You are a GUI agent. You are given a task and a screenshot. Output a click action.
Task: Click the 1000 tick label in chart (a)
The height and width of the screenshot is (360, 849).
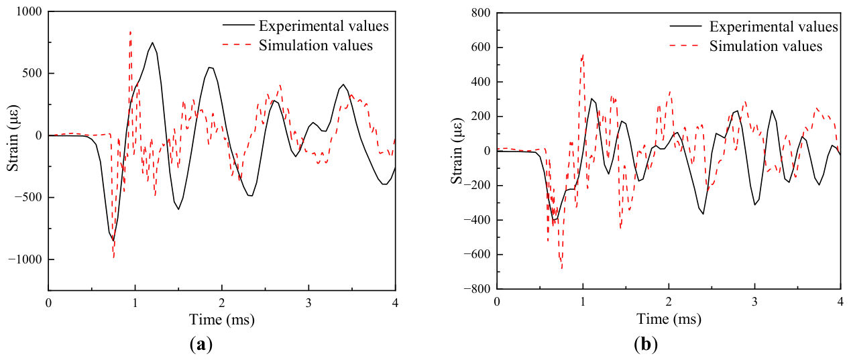(30, 12)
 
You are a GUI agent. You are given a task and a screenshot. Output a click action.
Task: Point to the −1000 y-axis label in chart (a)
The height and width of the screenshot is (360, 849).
(25, 259)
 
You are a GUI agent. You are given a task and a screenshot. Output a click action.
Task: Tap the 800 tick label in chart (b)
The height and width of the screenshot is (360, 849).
(481, 13)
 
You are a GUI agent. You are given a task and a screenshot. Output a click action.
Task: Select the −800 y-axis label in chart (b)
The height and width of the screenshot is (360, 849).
(477, 289)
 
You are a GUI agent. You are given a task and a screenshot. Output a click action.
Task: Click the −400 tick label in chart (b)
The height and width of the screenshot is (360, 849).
(477, 220)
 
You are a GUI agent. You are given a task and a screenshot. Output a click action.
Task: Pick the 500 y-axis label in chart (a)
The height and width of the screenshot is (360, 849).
(32, 74)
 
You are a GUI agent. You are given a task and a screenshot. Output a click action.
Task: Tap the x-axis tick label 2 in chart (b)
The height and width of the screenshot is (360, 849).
(669, 302)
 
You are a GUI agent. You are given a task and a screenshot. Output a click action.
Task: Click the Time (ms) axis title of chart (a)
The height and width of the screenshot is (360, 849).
(222, 320)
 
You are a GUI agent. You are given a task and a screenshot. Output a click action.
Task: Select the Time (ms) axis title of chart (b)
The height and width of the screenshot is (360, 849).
(669, 318)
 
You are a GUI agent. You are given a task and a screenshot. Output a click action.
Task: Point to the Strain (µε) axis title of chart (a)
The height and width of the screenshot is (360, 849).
(13, 138)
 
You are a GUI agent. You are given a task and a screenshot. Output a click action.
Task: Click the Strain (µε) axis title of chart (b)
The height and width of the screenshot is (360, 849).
(457, 152)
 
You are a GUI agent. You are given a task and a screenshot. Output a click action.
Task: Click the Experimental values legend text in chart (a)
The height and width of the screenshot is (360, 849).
(324, 25)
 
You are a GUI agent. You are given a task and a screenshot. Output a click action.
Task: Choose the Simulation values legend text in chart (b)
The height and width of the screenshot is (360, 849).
(766, 46)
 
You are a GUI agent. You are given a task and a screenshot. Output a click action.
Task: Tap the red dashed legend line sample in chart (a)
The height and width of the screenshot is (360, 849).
(237, 45)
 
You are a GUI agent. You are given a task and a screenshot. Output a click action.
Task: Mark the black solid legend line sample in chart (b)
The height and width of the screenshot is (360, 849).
(685, 25)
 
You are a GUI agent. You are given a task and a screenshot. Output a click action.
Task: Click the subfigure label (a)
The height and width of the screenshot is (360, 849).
(201, 345)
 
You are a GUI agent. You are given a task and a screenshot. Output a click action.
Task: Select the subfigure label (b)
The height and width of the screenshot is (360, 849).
(646, 345)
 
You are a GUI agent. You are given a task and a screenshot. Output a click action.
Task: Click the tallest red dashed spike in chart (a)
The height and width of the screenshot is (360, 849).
(130, 32)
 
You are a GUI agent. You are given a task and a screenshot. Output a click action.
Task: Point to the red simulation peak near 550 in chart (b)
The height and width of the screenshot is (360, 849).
(583, 56)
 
